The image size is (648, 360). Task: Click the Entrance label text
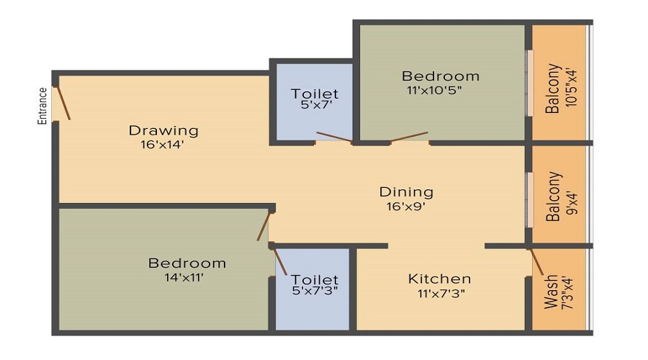pos(42,106)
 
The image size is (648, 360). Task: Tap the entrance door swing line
pos(63,103)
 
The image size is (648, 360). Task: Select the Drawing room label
pos(163,130)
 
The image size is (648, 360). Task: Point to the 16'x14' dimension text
pos(163,143)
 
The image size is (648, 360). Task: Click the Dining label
pos(406,192)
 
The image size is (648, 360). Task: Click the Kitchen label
pos(439,279)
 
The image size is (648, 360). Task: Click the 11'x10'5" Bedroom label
pos(441,76)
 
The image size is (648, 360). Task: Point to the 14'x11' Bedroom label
pos(187,264)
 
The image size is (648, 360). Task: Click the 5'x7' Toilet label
pos(315,94)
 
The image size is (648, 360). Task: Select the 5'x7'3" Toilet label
pos(315,279)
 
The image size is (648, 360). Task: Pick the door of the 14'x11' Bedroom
pos(265,225)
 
